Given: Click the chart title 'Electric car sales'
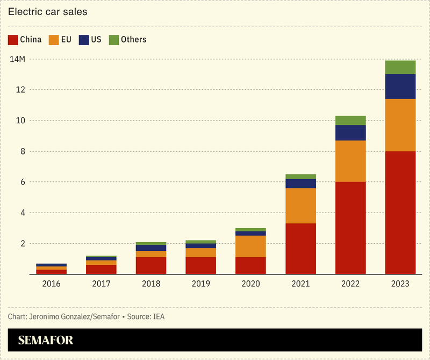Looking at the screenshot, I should pyautogui.click(x=48, y=11).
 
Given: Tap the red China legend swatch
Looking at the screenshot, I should pyautogui.click(x=13, y=39).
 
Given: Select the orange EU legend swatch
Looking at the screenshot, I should pyautogui.click(x=54, y=39).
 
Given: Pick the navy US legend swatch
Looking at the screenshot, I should pyautogui.click(x=84, y=39).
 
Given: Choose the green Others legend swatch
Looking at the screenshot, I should pyautogui.click(x=113, y=39).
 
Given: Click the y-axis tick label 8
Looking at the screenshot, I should pyautogui.click(x=21, y=151).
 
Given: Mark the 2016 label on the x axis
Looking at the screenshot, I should pyautogui.click(x=52, y=284).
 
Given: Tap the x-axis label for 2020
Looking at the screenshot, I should pyautogui.click(x=250, y=284).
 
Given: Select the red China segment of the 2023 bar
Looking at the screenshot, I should pyautogui.click(x=400, y=213).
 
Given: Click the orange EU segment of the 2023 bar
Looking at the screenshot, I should pyautogui.click(x=400, y=125).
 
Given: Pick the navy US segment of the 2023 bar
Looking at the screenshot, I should pyautogui.click(x=400, y=86).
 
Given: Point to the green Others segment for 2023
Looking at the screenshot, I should pyautogui.click(x=400, y=67).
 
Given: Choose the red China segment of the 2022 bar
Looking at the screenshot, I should pyautogui.click(x=350, y=228).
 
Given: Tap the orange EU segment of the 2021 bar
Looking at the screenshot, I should pyautogui.click(x=300, y=206).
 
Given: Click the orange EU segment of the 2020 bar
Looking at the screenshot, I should pyautogui.click(x=250, y=246).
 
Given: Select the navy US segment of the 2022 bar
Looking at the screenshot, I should pyautogui.click(x=350, y=133).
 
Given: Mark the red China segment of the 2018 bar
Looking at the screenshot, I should pyautogui.click(x=151, y=265).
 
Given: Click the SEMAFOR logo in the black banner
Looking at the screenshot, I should pyautogui.click(x=45, y=340).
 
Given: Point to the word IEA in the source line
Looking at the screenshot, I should pyautogui.click(x=158, y=316).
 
